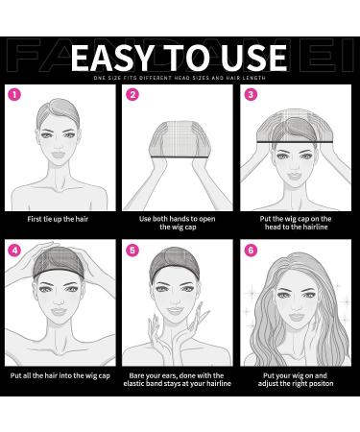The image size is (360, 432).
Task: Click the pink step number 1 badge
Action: (14, 96)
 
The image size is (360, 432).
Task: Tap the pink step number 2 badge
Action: (133, 96)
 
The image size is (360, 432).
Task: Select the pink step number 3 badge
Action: (252, 96)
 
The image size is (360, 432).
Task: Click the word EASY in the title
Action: (105, 54)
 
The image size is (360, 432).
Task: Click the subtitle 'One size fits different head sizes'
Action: (180, 77)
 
